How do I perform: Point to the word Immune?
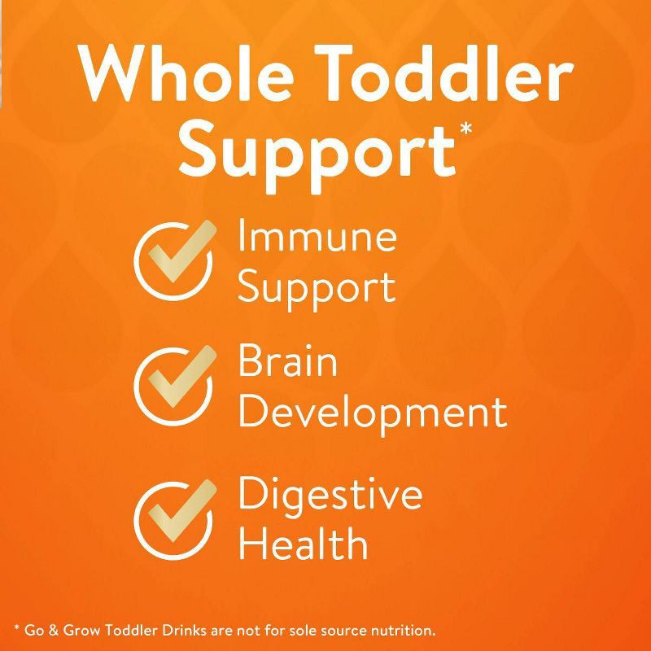pyautogui.click(x=317, y=237)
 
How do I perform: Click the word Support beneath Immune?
pyautogui.click(x=317, y=286)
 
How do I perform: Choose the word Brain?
pyautogui.click(x=287, y=360)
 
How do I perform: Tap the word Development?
pyautogui.click(x=372, y=413)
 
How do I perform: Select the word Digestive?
pyautogui.click(x=330, y=493)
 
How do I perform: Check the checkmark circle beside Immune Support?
pyautogui.click(x=173, y=258)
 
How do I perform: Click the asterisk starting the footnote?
pyautogui.click(x=17, y=629)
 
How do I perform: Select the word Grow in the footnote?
pyautogui.click(x=81, y=630)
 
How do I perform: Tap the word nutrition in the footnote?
pyautogui.click(x=399, y=630)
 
